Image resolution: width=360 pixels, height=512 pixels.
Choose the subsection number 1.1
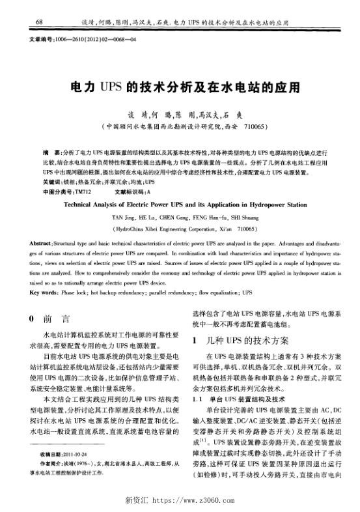(197, 397)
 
